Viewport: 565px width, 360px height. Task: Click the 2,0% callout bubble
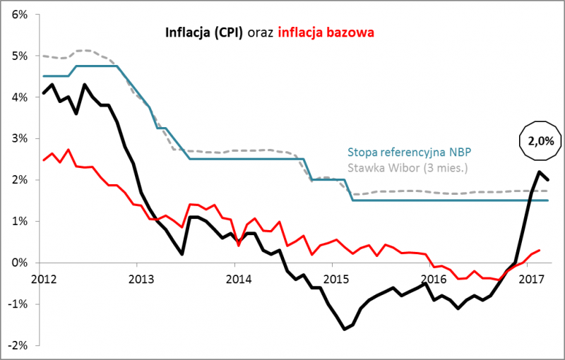click(540, 141)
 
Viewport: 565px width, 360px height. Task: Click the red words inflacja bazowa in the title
click(326, 32)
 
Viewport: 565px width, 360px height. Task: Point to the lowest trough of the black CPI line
click(345, 329)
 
